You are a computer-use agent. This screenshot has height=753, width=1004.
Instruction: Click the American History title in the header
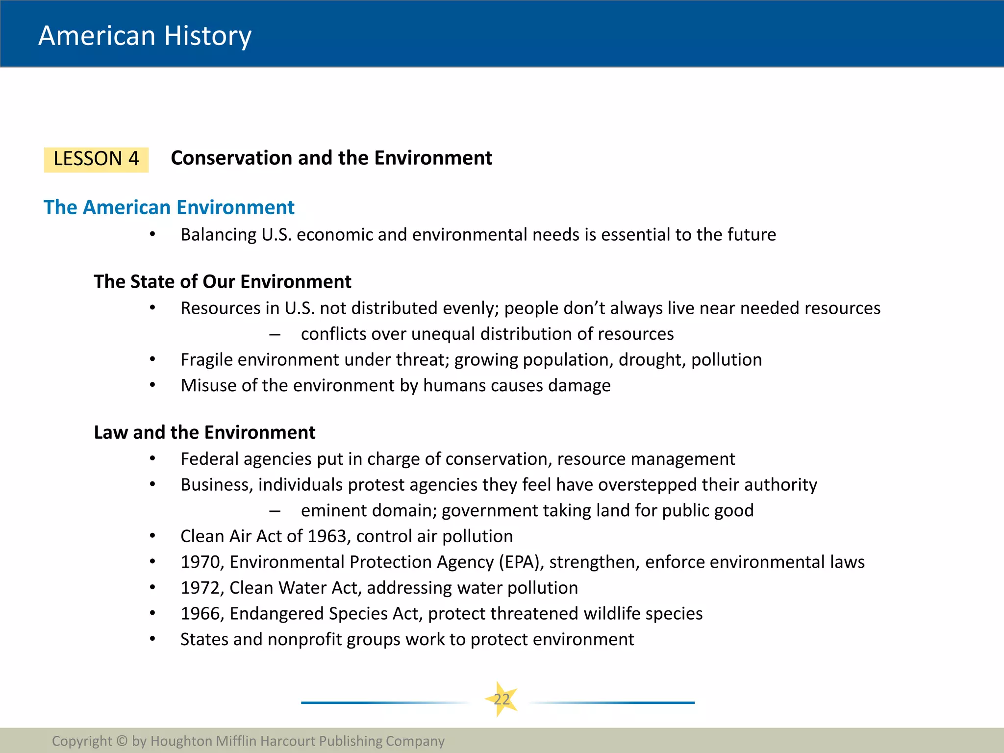click(145, 36)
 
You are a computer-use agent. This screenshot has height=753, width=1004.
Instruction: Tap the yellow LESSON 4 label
click(96, 159)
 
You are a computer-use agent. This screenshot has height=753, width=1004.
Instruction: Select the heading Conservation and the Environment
click(331, 158)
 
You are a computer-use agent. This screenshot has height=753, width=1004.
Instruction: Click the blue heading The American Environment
click(169, 207)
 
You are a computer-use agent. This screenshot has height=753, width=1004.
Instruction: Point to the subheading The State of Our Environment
click(223, 282)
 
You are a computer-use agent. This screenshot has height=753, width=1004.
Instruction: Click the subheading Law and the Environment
click(204, 432)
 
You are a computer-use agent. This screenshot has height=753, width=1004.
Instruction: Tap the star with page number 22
click(502, 699)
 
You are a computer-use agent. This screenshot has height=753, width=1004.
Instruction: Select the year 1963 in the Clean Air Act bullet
click(327, 536)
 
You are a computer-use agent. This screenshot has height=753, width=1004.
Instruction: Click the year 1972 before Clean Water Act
click(201, 588)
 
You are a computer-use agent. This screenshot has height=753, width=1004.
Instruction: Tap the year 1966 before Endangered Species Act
click(201, 614)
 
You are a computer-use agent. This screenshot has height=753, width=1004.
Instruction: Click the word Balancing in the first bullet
click(218, 235)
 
